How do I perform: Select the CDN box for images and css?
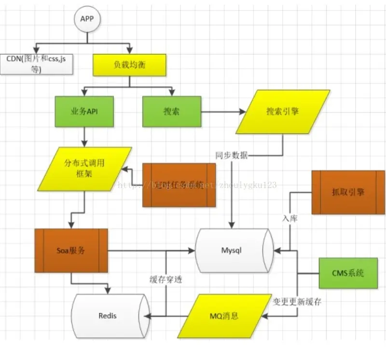[36, 64]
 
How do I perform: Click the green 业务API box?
[85, 111]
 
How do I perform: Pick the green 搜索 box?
[172, 111]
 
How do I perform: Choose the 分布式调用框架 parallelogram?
[85, 168]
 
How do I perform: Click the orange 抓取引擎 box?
[348, 192]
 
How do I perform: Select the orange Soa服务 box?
[71, 251]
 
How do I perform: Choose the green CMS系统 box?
[348, 273]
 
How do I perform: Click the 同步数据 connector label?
[232, 156]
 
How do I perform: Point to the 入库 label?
[290, 218]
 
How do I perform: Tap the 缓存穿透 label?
[165, 280]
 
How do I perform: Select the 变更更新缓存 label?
[297, 302]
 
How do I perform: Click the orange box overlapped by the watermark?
[179, 185]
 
